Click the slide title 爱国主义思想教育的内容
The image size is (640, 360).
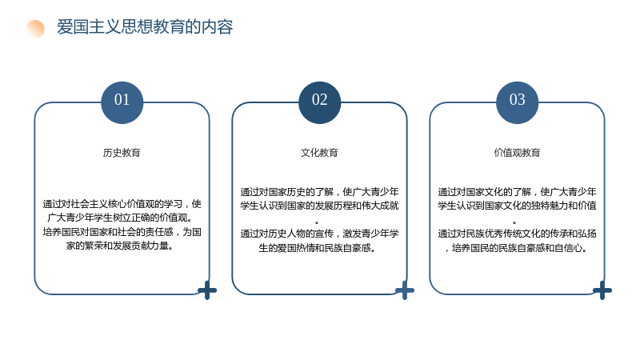click(145, 27)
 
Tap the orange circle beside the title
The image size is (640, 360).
click(35, 29)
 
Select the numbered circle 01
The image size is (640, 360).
click(122, 102)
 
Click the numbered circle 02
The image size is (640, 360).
click(319, 102)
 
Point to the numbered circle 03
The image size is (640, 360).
click(517, 102)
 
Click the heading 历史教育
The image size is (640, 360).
click(122, 153)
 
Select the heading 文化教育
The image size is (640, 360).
click(319, 153)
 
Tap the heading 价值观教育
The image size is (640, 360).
click(517, 153)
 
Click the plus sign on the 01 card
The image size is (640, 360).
click(207, 290)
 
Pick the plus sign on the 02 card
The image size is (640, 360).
click(405, 290)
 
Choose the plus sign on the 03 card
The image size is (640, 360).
click(602, 290)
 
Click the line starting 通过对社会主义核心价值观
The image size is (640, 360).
click(122, 204)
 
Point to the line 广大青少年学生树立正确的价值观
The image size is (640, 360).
click(119, 218)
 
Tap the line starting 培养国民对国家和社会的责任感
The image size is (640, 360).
click(122, 232)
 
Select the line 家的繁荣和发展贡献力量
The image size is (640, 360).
click(119, 246)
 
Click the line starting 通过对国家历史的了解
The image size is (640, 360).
click(319, 192)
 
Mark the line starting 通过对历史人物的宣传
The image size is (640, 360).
click(319, 234)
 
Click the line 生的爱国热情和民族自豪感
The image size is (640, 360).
click(317, 248)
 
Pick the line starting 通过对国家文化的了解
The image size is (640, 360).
click(517, 192)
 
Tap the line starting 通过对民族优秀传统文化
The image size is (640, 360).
click(517, 234)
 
